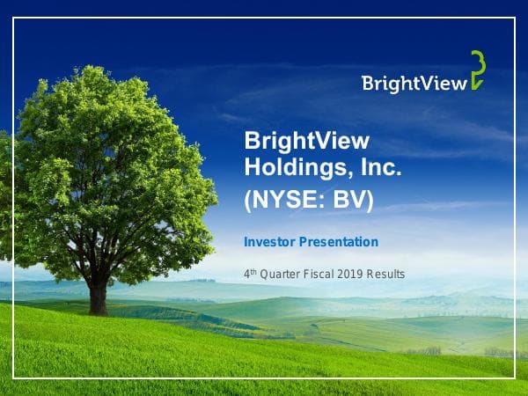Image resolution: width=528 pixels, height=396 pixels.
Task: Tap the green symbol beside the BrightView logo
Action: [476, 70]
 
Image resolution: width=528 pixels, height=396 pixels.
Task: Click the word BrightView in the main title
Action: [306, 142]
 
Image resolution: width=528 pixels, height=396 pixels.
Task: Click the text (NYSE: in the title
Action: [284, 200]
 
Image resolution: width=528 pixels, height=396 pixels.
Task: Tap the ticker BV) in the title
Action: [353, 200]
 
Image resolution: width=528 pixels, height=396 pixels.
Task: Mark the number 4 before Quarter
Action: [246, 275]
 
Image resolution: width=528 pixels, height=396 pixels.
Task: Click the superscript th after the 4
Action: [253, 271]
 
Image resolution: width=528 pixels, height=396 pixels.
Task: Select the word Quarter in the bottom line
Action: [281, 275]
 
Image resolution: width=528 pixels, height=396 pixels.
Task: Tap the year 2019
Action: [356, 275]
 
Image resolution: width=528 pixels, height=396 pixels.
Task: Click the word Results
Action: [388, 275]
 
